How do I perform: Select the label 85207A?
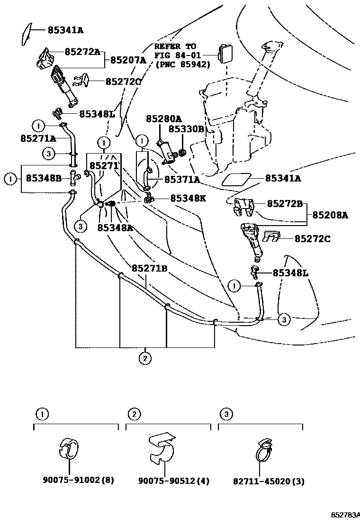128,60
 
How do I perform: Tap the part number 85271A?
38,138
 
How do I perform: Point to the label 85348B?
44,178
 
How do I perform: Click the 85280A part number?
163,118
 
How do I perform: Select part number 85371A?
182,180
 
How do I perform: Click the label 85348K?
188,198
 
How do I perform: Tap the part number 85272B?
285,204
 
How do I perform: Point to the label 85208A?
330,215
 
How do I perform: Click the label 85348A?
115,227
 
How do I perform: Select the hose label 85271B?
150,268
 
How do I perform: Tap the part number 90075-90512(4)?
174,481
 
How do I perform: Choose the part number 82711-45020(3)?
269,481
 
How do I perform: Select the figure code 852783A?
345,515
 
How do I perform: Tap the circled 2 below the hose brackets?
145,358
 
